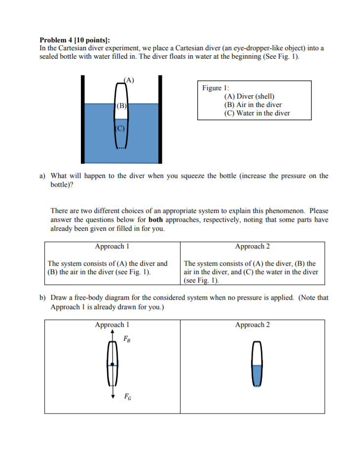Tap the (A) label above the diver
129,79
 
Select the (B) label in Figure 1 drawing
121,105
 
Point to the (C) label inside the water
120,129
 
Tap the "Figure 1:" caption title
213,88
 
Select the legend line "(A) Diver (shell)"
249,96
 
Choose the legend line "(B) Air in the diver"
252,105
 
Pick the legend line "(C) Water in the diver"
256,113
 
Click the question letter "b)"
43,298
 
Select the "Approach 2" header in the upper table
252,246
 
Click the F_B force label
128,340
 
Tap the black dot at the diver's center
112,364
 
